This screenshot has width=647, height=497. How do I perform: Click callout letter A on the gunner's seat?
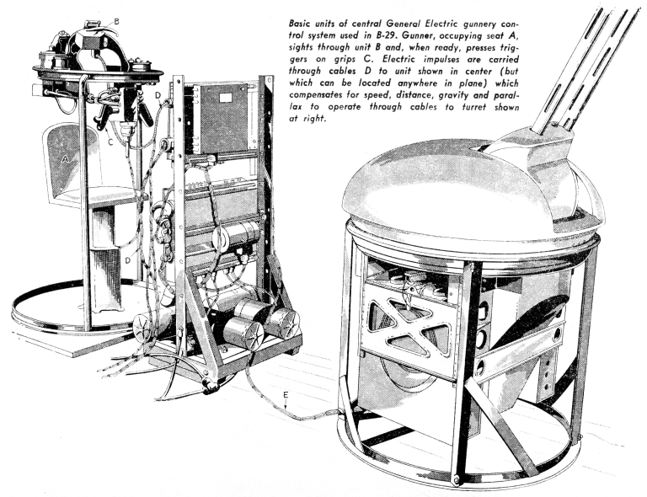point(64,159)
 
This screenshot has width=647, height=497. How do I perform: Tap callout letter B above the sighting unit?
point(116,21)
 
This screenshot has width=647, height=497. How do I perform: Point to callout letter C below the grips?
point(110,142)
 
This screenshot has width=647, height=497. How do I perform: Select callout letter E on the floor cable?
point(286,395)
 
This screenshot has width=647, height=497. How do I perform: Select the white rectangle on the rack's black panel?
point(226,98)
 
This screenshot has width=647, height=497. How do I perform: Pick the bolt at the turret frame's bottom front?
point(457,480)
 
